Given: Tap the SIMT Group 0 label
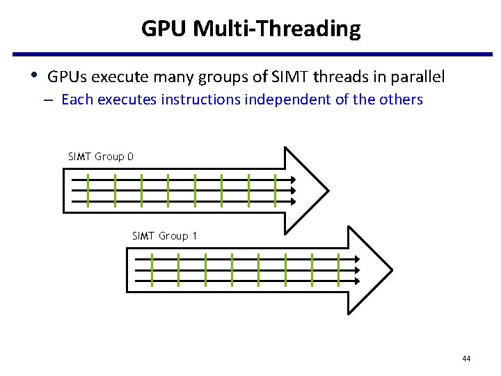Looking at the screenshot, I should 101,157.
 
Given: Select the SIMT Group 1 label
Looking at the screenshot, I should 164,236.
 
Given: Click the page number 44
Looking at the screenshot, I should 466,359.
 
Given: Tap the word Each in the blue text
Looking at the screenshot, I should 77,100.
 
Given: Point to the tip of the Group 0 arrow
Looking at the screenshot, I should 328,189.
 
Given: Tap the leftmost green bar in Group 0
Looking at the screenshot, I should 89,190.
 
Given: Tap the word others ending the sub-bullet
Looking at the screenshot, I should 401,100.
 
